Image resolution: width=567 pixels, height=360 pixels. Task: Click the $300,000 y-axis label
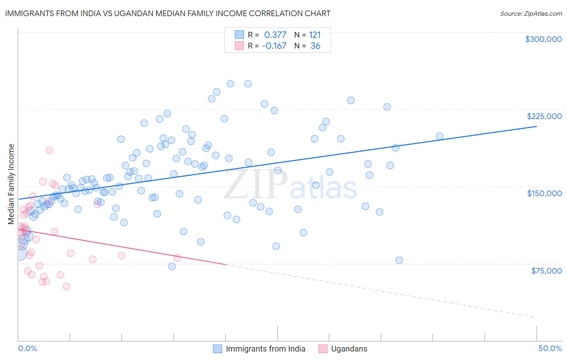(543, 39)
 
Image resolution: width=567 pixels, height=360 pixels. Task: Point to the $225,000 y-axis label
(544, 116)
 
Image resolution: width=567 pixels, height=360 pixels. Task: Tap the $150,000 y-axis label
(544, 193)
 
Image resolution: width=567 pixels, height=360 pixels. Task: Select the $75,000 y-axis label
(546, 271)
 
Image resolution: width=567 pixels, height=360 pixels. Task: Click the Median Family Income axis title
(11, 184)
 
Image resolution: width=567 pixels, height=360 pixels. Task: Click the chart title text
(167, 14)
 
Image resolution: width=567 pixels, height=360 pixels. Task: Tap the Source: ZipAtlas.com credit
(531, 14)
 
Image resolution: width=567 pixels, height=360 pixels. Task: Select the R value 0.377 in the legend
(275, 35)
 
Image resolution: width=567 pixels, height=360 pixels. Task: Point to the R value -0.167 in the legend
(274, 46)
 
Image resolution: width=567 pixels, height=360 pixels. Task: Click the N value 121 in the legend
(315, 35)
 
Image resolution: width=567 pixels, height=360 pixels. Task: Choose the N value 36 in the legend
(315, 46)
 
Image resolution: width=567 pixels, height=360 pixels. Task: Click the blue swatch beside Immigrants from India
(218, 349)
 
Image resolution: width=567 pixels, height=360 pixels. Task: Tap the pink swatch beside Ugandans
(323, 349)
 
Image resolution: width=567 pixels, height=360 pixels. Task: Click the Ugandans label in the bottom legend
(349, 349)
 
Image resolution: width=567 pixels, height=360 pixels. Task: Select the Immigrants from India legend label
(265, 349)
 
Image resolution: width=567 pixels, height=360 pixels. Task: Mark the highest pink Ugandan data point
(49, 150)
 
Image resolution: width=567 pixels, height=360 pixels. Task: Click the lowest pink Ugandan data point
(67, 287)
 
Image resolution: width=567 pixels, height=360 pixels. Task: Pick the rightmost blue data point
(440, 136)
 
